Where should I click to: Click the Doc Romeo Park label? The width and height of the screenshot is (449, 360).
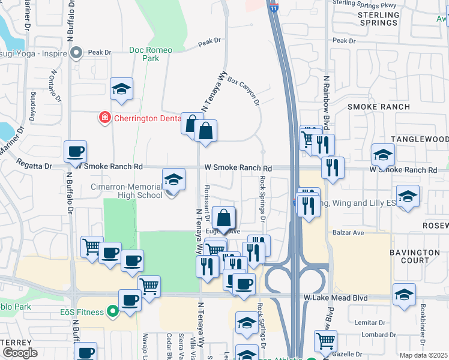pos(144,54)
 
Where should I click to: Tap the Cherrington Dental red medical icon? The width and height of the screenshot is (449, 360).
pos(105,117)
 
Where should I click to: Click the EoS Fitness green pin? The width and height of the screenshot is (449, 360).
pos(111,311)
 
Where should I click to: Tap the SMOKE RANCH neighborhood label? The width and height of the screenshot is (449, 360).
pos(379,107)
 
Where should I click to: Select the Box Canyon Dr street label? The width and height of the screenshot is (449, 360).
pos(243,89)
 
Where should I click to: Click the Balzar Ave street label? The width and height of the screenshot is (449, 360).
pos(346,232)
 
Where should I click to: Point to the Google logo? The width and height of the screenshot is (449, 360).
pos(20,352)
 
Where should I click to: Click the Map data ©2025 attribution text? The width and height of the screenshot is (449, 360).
pos(423,355)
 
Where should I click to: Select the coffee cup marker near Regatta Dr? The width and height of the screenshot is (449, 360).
pos(76,152)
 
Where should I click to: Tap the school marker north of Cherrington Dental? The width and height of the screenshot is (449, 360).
pos(121,90)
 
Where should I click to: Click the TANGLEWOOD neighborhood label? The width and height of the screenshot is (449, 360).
pos(420,139)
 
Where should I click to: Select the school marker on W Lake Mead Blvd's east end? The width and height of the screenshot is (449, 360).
pos(405,295)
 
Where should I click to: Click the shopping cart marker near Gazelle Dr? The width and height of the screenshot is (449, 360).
pos(325,341)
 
